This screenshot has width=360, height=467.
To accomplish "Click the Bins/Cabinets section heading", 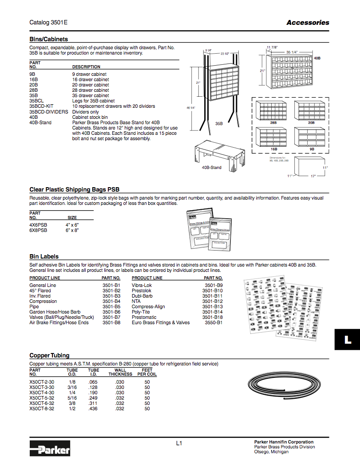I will point(48,39).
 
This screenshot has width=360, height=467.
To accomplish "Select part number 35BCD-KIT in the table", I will point(41,106).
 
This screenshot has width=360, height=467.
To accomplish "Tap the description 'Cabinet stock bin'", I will point(90,117).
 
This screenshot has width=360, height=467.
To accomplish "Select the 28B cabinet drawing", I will point(273,111).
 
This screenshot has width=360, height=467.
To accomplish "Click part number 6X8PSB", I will point(38,230).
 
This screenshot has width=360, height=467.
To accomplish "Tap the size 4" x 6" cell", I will point(72,225).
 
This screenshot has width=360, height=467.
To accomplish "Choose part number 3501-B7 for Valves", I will point(111,317).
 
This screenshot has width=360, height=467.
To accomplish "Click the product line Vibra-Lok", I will point(142,285).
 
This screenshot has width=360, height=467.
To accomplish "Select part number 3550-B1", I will point(214,322).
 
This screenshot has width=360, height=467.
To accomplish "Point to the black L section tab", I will point(348,340).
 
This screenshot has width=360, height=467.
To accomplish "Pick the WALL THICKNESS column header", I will point(120,372).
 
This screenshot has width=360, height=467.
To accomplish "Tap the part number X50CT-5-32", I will point(42,398).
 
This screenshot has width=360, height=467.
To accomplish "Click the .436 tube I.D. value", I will point(93,408).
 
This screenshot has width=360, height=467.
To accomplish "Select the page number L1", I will point(179,443).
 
